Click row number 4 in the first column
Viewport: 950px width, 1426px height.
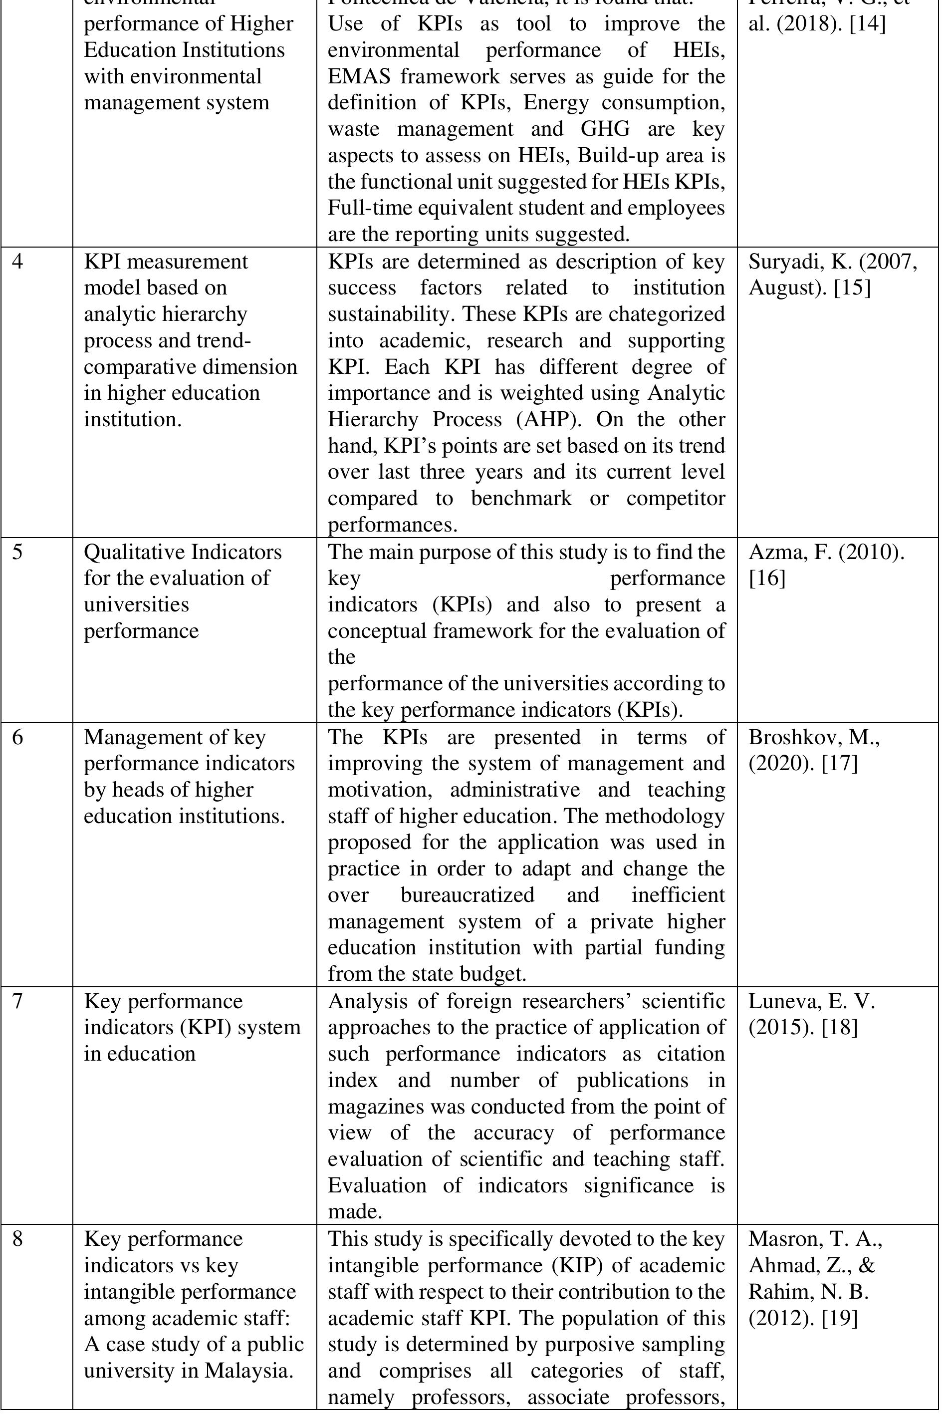pyautogui.click(x=17, y=262)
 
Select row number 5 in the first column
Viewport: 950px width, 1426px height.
pyautogui.click(x=17, y=552)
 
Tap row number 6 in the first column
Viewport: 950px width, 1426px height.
pyautogui.click(x=17, y=737)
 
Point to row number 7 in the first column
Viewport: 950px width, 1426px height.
pyautogui.click(x=17, y=1001)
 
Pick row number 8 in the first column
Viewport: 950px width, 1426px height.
pyautogui.click(x=17, y=1239)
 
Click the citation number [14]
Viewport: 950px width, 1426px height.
pyautogui.click(x=868, y=24)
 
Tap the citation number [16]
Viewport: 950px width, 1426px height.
pyautogui.click(x=767, y=579)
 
